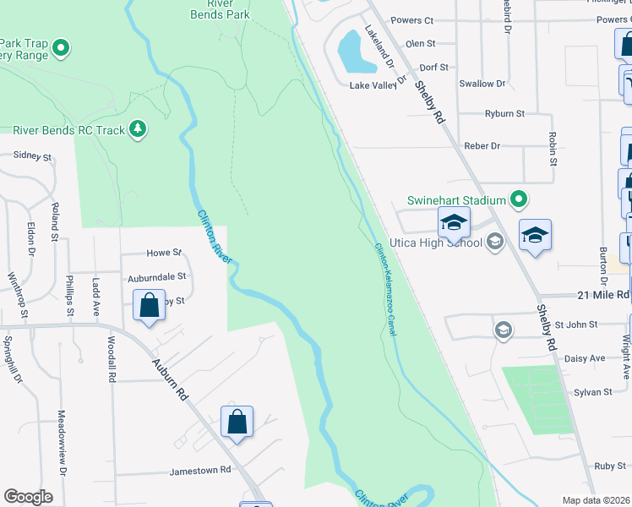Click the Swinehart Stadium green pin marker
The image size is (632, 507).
pos(520,200)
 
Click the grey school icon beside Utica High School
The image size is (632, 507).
pos(496,243)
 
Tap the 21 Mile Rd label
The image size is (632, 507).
pos(604,295)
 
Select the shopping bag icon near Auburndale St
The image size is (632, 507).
pos(149,306)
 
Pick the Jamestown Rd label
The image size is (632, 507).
pos(200,470)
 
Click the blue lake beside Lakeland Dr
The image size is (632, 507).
pos(357,52)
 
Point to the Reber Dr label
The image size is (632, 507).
pos(482,146)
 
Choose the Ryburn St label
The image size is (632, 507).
pos(504,113)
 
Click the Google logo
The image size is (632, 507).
pos(28,497)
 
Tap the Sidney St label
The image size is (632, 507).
pos(32,156)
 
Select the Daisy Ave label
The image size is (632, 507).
pos(586,358)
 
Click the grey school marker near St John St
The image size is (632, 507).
pos(504,329)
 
